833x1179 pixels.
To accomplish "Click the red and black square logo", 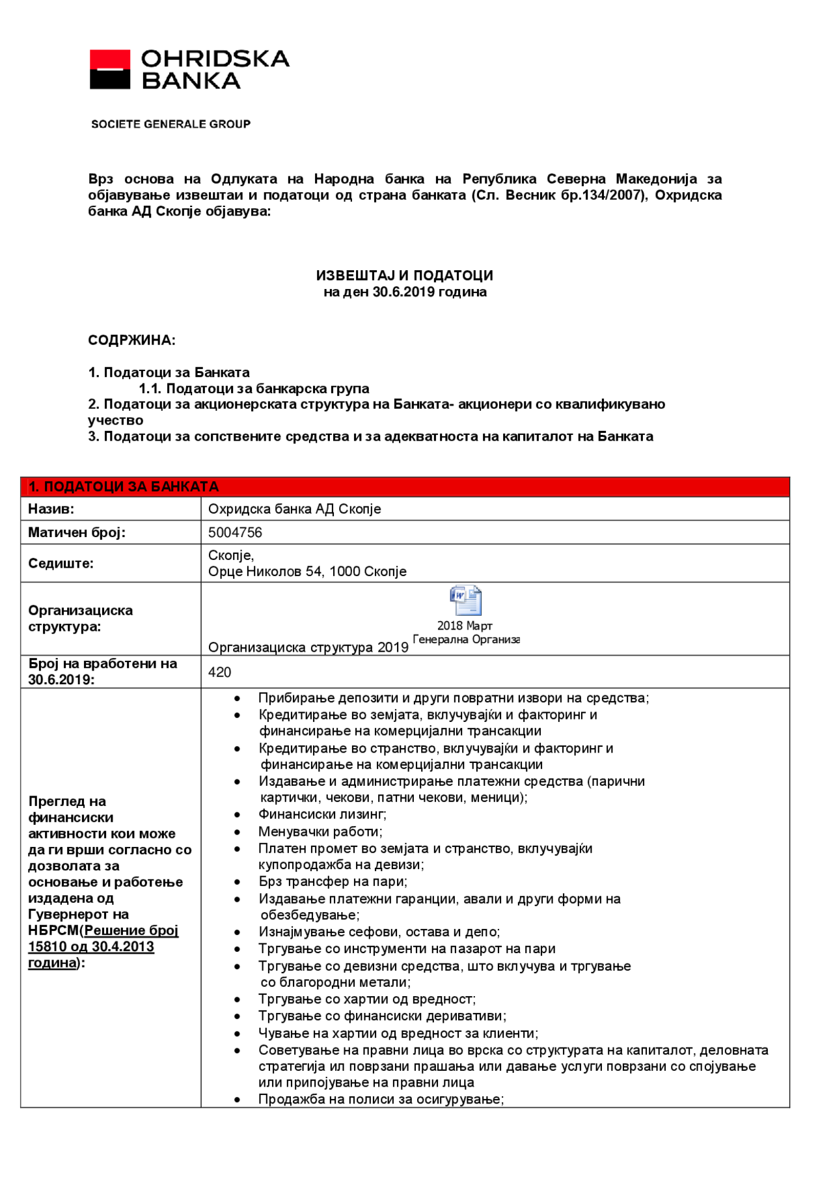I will tap(109, 69).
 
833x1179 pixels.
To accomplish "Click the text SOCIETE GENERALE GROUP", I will tap(171, 124).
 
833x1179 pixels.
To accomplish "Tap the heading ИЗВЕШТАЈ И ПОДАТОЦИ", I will tap(404, 275).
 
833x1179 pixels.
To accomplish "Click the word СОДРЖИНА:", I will tap(131, 340).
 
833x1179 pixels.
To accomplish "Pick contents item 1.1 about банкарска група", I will tap(254, 389).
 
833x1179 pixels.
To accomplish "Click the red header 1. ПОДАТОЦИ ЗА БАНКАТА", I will tap(124, 487).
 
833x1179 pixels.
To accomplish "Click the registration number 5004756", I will tap(235, 533).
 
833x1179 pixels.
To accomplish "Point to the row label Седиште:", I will tap(61, 564).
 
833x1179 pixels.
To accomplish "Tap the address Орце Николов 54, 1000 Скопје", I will tap(307, 572).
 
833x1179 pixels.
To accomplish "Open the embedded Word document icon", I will tap(465, 601).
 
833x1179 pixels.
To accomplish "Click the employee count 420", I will tap(219, 673).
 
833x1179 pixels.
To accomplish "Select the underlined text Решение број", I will tap(131, 931).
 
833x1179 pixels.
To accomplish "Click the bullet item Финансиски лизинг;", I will tap(322, 814).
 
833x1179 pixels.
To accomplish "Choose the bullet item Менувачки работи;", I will tap(320, 831).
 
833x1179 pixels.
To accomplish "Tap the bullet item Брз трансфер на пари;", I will tap(333, 881).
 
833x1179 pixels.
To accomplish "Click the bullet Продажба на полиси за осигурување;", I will tap(381, 1100).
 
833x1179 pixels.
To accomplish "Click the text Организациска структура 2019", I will tap(308, 648).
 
